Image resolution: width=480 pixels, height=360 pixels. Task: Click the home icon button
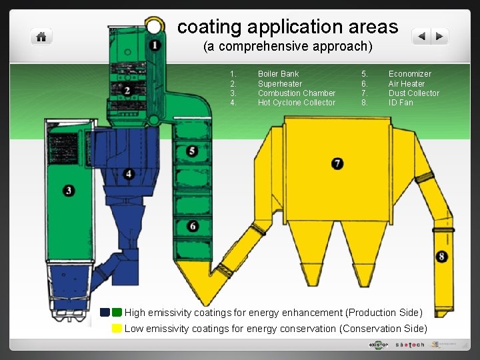41,37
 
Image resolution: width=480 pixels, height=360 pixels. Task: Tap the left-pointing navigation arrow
421,37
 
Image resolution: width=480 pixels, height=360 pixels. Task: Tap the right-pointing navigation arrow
439,37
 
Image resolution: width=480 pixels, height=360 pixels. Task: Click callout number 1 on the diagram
155,45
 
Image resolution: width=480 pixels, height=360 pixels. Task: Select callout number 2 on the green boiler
127,90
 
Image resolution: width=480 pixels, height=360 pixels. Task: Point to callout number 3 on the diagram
69,191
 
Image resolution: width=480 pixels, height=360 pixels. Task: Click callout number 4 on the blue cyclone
129,174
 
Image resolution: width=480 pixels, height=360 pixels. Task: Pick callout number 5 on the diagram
192,151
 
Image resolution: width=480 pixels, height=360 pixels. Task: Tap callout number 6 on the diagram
193,227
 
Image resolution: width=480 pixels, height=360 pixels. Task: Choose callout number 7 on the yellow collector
338,163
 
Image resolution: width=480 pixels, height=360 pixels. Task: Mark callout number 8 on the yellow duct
443,257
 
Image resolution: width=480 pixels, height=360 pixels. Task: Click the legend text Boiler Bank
278,74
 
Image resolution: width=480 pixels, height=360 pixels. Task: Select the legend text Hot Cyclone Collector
297,103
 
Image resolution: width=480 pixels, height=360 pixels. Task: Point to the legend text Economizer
409,74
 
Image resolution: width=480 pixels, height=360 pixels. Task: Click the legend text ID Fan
401,103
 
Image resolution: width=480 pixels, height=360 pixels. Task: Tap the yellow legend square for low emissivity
117,328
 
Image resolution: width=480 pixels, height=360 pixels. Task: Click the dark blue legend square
105,312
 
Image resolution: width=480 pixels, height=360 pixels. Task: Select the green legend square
117,312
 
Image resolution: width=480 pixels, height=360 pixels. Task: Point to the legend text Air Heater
406,84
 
